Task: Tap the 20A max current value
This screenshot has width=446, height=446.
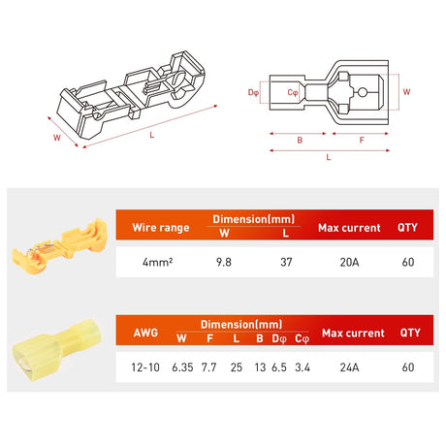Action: [351, 261]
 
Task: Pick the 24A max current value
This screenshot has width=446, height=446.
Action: [351, 368]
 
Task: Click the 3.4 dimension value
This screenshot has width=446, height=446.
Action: [302, 368]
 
